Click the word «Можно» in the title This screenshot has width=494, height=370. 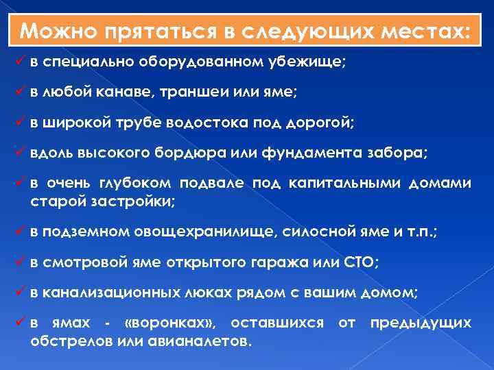(x=56, y=32)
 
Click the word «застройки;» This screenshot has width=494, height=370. (x=141, y=201)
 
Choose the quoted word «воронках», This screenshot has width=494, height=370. (x=167, y=323)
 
